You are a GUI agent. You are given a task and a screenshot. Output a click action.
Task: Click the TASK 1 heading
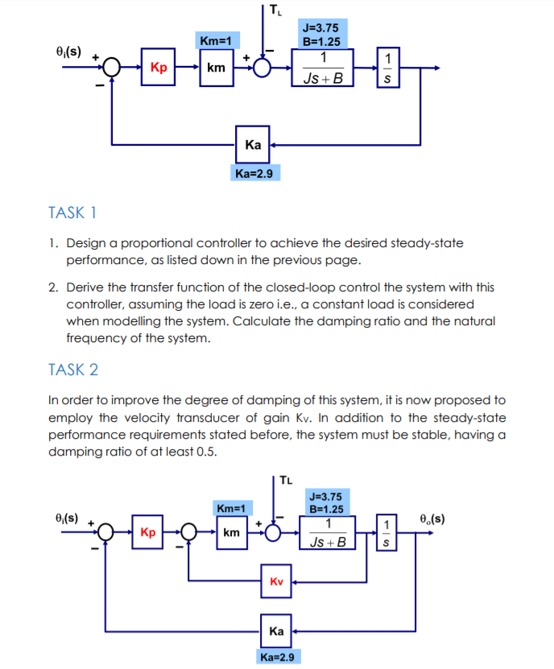[x=72, y=213]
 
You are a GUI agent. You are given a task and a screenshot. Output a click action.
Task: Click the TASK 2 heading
[x=73, y=370]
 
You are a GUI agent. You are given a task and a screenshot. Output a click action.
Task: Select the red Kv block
[x=276, y=581]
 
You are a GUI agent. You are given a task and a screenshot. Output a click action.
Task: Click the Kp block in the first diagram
[x=159, y=68]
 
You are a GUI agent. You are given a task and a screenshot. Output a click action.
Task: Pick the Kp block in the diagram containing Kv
[x=148, y=532]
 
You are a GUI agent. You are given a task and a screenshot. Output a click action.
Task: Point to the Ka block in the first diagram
[x=253, y=145]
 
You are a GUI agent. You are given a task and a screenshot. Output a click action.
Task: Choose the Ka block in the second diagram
[x=276, y=631]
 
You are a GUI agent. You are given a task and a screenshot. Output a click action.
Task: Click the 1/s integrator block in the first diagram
[x=389, y=68]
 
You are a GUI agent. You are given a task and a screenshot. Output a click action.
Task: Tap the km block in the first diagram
[x=216, y=68]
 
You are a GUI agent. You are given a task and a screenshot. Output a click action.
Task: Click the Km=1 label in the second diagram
[x=233, y=507]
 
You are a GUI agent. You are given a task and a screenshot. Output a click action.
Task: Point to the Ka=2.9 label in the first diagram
[x=254, y=173]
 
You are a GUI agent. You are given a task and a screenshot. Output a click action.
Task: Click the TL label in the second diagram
[x=287, y=483]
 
